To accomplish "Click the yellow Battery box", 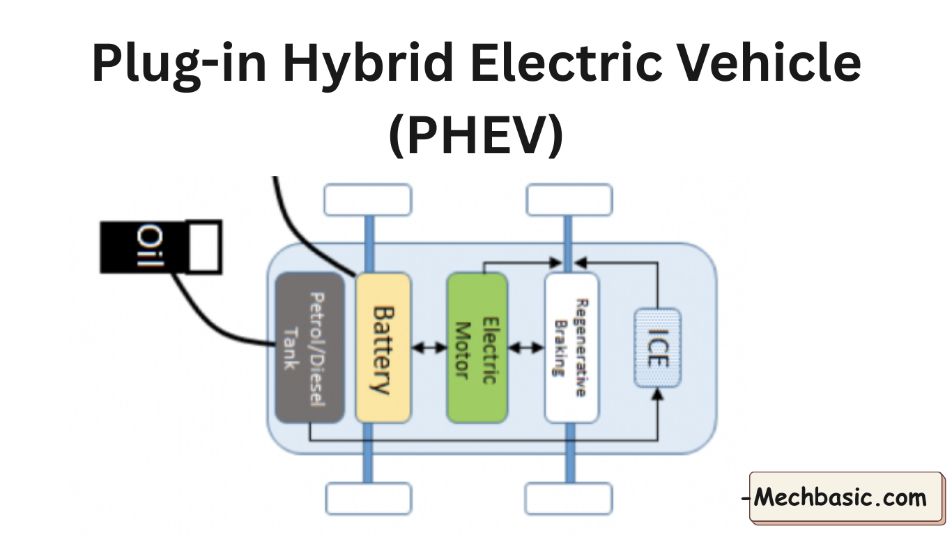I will point(383,348).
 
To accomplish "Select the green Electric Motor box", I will point(477,348).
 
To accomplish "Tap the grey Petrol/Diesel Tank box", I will point(309,348).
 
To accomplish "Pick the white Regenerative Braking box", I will point(571,348).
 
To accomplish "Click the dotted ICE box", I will point(657,348).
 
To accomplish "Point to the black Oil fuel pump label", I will point(144,247).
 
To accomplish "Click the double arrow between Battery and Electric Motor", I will point(429,348).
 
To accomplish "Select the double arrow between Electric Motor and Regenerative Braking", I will point(526,348).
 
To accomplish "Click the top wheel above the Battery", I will point(367,199).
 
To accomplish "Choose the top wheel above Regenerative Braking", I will point(569,199).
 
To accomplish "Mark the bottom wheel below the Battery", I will point(369,499).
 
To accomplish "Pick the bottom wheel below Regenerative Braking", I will point(569,499).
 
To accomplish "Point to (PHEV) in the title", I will point(476,134).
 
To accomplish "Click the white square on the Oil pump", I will point(205,247).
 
